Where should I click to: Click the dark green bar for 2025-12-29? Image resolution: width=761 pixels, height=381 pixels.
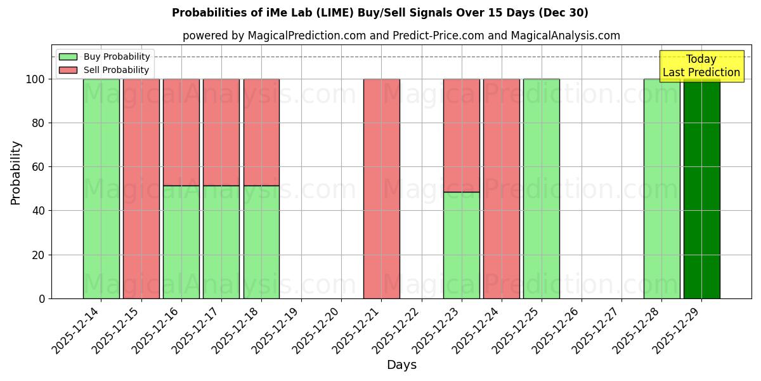coord(701,189)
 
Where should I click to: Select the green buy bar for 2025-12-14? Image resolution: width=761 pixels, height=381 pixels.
coord(101,189)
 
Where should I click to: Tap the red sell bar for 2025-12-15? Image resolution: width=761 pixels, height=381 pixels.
coord(141,189)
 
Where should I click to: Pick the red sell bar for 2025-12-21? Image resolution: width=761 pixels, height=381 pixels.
coord(381,189)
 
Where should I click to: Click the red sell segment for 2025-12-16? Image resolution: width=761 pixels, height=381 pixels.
coord(181,132)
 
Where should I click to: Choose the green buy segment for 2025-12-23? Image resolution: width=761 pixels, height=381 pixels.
coord(461,245)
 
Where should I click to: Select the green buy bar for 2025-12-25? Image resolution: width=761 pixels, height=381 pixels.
coord(541,189)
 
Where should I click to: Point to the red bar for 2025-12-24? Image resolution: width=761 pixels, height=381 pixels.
coord(501,189)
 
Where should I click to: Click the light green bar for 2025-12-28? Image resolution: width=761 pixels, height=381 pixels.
coord(661,189)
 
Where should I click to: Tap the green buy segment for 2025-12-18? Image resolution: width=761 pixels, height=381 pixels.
coord(261,242)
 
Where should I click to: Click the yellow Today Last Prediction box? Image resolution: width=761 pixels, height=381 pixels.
coord(701,66)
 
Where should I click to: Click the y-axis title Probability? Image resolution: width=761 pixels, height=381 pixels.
coord(16,172)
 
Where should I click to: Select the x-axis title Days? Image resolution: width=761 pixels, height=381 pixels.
coord(401,365)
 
